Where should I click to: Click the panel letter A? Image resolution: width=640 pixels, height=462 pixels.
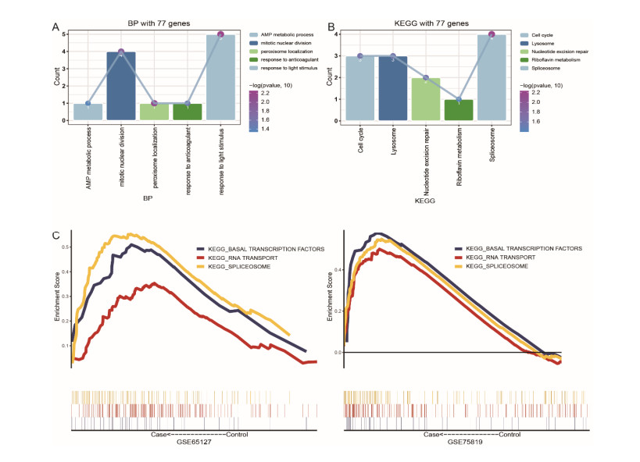[55, 29]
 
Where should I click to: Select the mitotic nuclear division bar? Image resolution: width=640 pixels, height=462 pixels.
[121, 86]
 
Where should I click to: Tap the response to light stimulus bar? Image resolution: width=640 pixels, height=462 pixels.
[220, 77]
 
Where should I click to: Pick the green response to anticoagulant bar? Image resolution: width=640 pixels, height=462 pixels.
[188, 112]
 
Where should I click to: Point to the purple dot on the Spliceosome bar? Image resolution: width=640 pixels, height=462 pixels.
[492, 34]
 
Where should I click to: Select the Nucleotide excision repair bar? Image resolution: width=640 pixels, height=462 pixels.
[426, 99]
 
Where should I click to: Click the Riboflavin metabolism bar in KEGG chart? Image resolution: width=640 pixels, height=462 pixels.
[459, 110]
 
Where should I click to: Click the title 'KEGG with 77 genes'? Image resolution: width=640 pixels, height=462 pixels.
[426, 24]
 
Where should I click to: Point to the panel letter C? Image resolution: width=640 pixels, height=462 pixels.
[55, 235]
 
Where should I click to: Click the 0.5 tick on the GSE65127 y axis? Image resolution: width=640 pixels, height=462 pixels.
[64, 247]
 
